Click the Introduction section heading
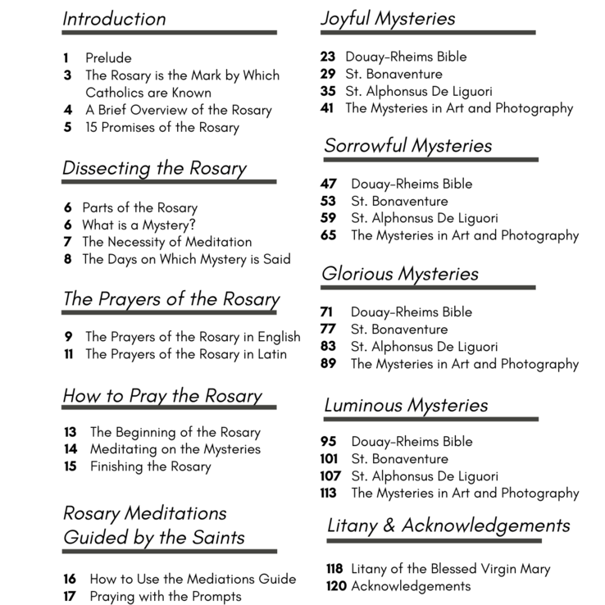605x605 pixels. coord(114,18)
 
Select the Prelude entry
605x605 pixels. coord(108,58)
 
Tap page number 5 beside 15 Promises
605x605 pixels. coord(67,127)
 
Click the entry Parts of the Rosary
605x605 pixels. coord(139,207)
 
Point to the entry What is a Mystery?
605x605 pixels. coord(139,225)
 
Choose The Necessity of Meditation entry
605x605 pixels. coord(166,242)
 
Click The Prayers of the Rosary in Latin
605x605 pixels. coord(186,354)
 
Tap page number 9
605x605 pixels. coord(68,337)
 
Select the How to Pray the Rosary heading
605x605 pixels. coord(162,396)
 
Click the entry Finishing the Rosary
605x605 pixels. coord(150,466)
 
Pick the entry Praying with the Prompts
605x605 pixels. coord(166,596)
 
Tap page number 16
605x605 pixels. coord(70,579)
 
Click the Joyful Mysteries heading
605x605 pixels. coord(388,18)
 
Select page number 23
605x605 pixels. coord(328,57)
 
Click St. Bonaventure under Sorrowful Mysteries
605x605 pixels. coord(399,201)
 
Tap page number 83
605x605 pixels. coord(328,347)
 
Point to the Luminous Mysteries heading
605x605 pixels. coord(406,405)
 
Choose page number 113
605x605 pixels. coord(328,493)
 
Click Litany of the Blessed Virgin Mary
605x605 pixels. coord(450,569)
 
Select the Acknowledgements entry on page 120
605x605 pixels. coord(411,586)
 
